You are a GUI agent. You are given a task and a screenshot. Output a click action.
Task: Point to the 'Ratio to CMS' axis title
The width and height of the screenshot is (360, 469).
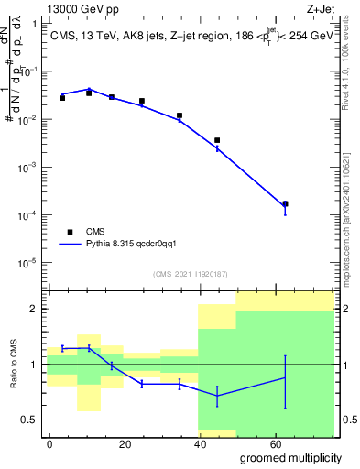coord(13,364)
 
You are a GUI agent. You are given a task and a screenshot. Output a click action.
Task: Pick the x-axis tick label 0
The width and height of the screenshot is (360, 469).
coord(49,442)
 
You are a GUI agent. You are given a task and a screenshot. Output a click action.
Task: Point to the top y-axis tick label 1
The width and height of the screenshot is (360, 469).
coord(34,25)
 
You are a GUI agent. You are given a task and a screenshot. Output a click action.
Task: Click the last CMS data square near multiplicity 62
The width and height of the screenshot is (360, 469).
coord(285,203)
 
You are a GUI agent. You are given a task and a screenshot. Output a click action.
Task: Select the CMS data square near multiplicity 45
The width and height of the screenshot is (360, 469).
coord(217,140)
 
